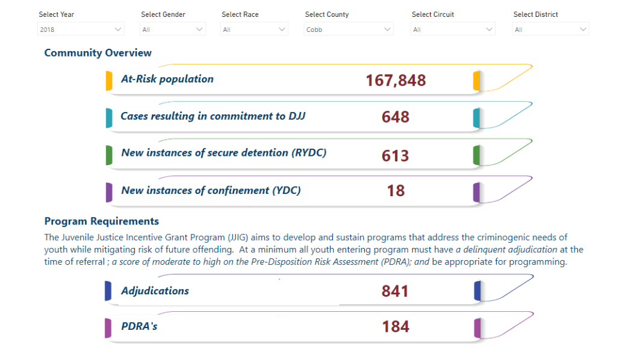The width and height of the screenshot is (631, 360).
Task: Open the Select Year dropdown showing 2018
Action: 81,29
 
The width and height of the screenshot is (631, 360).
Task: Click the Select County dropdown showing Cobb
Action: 349,29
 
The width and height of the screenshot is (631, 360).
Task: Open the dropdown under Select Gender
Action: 173,29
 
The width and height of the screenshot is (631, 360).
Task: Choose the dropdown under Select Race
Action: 254,29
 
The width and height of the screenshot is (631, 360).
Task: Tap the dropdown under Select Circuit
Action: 453,29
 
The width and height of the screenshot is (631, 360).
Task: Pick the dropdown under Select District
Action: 550,29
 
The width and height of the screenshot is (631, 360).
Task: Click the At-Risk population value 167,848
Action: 396,80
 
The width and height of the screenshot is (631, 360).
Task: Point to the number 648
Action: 396,117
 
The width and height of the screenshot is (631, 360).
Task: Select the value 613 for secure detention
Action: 396,155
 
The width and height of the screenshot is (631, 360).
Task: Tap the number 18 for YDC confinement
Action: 396,191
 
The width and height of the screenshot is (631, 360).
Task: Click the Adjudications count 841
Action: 396,291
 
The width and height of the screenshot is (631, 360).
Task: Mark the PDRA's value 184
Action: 396,327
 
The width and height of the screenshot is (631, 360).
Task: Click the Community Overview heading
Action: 98,53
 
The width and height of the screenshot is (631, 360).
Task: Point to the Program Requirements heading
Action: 102,221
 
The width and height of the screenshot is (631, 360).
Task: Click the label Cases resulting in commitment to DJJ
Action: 213,116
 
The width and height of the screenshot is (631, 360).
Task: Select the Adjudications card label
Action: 155,291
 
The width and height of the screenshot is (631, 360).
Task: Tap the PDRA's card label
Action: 139,326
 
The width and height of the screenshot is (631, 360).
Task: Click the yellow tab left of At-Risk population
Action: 109,81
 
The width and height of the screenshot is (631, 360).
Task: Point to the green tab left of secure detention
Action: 109,155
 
